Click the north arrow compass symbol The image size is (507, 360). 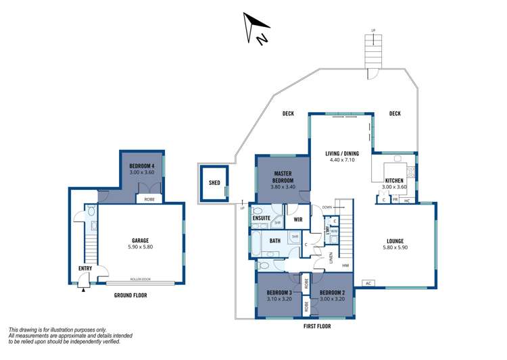pos(256,30)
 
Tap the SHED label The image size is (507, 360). pos(214,182)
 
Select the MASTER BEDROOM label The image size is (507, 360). pos(283,178)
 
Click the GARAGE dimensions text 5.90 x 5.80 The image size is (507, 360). pos(140,247)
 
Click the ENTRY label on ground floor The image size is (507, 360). pos(84,269)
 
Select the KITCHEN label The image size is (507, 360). pos(394,180)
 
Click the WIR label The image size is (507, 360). pos(297,219)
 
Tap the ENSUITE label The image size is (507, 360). pos(262,217)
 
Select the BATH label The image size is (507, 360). pos(275,240)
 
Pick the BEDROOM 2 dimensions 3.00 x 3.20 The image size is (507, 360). pos(331,298)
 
